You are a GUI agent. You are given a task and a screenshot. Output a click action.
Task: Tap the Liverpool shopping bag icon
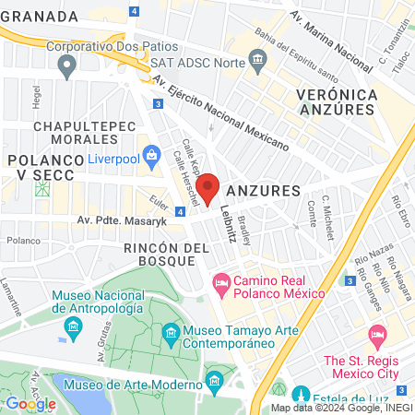pyautogui.click(x=150, y=154)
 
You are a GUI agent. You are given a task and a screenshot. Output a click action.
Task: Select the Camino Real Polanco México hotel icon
pyautogui.click(x=220, y=279)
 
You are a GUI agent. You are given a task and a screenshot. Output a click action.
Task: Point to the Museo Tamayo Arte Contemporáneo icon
pyautogui.click(x=170, y=332)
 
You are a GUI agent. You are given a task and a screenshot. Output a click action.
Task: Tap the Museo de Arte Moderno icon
pyautogui.click(x=215, y=380)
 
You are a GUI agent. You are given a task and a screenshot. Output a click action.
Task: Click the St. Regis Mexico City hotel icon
pyautogui.click(x=376, y=333)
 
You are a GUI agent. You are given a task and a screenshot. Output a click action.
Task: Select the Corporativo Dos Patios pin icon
pyautogui.click(x=66, y=65)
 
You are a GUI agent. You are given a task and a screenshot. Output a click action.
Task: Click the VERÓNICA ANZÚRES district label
pyautogui.click(x=338, y=103)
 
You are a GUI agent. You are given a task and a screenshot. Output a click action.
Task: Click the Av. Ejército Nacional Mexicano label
pyautogui.click(x=221, y=116)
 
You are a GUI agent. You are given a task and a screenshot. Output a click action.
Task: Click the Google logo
pyautogui.click(x=30, y=403)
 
